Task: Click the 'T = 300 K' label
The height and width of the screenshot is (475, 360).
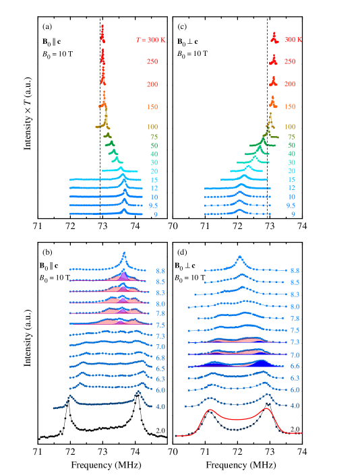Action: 151,40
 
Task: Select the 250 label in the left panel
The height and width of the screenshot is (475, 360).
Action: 152,62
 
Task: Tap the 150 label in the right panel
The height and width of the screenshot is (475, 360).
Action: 290,106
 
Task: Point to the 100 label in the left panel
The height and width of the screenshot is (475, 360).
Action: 152,127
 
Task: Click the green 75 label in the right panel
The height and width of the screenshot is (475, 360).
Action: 291,137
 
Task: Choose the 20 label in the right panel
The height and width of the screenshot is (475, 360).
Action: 291,171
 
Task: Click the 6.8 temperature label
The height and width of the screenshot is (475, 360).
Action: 160,358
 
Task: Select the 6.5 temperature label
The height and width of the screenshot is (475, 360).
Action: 160,369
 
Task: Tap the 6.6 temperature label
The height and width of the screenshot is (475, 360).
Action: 295,367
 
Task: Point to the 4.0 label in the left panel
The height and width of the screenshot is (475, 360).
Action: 160,407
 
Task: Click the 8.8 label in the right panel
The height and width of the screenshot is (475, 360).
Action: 295,270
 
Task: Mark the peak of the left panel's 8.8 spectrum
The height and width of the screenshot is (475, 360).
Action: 124,254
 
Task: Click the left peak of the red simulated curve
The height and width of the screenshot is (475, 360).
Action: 211,410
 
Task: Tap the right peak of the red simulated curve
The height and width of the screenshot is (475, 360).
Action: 267,408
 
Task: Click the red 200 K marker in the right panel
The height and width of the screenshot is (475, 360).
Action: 273,82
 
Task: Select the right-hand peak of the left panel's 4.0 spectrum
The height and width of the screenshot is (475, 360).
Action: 138,391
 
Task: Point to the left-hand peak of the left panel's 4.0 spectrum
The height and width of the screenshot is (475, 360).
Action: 69,397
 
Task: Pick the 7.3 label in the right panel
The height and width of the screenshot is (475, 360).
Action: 295,342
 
